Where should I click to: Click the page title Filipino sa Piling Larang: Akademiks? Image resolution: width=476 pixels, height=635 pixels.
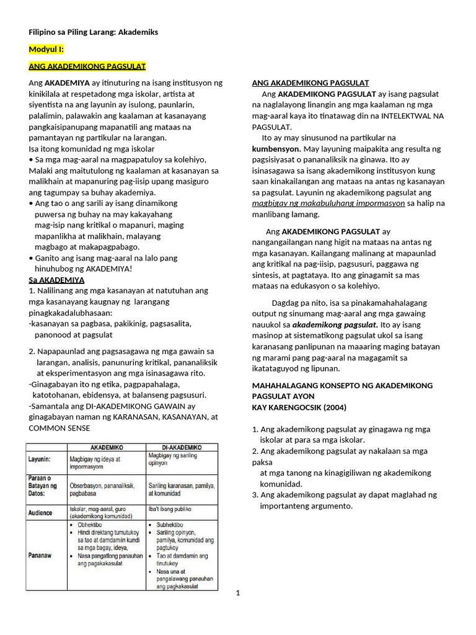coord(93,32)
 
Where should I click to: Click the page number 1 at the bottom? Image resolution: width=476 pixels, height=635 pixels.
coord(237,593)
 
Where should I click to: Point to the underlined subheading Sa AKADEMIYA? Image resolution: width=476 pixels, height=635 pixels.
coord(56,280)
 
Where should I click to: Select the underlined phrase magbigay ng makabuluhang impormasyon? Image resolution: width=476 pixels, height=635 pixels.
coord(328,203)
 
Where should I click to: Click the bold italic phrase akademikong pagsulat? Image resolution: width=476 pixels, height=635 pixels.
coord(335,324)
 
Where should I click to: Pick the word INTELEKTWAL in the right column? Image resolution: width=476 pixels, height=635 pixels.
coord(408,115)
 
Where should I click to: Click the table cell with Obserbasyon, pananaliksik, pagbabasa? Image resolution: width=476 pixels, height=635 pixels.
coord(108,489)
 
